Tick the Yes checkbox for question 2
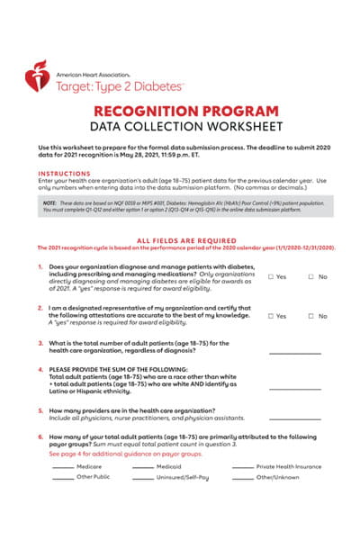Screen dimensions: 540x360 click(x=270, y=317)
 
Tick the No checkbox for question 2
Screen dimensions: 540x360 click(x=310, y=317)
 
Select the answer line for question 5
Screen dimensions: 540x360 click(x=294, y=417)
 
